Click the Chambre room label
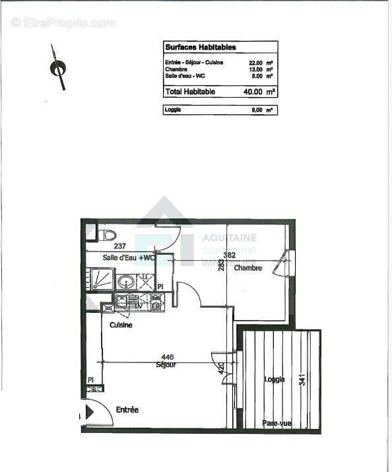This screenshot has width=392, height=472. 248,268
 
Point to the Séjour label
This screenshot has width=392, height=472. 166,365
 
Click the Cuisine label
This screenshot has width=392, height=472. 121,325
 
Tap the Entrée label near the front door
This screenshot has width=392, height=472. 127,410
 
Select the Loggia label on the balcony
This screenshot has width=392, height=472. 274,380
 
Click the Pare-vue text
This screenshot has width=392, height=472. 275,423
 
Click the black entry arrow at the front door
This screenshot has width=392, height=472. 80,416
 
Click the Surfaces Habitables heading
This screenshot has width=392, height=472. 191,48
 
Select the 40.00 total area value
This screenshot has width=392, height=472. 255,92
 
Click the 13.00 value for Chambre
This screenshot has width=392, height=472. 255,69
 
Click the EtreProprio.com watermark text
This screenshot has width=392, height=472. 63,22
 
